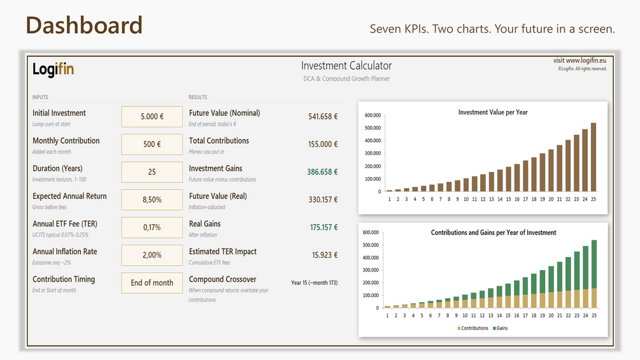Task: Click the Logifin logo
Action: [x=53, y=69]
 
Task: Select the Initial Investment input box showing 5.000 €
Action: [x=152, y=117]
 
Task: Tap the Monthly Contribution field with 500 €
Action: [x=152, y=145]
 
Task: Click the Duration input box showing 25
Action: [x=152, y=172]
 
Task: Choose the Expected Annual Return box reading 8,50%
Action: [x=152, y=200]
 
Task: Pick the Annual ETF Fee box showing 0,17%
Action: [x=152, y=227]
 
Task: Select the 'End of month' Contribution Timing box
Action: [x=152, y=283]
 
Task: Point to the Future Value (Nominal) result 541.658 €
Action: [x=323, y=117]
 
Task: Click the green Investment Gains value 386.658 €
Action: [x=322, y=172]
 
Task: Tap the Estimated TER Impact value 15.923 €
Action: [x=325, y=255]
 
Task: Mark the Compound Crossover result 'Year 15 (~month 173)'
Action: [x=315, y=282]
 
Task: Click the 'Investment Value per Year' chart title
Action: [x=493, y=112]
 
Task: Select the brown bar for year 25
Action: [x=594, y=157]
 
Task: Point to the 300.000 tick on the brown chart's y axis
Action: [x=373, y=154]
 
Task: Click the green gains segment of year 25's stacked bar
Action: [x=594, y=264]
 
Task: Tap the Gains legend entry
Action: [x=501, y=328]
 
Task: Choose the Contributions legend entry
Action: [x=473, y=328]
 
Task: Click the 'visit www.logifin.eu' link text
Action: [x=580, y=61]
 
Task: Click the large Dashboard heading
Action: [x=84, y=25]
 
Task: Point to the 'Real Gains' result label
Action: [x=204, y=224]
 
